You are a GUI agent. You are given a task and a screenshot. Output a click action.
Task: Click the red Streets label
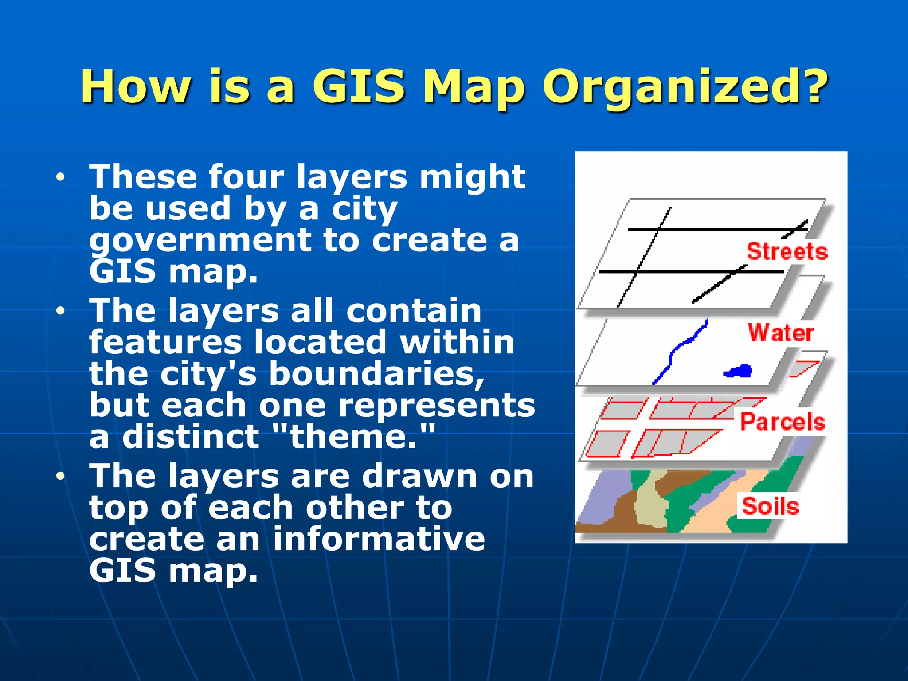tap(787, 251)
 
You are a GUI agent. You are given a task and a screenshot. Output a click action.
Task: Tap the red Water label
tap(781, 333)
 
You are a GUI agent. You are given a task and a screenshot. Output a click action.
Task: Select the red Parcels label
tap(783, 421)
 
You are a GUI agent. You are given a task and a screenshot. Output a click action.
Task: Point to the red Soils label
tap(771, 506)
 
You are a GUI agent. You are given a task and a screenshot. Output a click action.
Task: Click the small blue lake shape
tap(739, 371)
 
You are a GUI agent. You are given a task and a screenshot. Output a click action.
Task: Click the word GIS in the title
tap(358, 86)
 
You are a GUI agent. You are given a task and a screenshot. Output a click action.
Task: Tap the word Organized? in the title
tap(685, 86)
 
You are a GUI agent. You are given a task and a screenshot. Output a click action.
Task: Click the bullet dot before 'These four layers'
tap(60, 178)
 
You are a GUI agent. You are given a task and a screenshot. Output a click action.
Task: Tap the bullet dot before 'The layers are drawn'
tap(60, 477)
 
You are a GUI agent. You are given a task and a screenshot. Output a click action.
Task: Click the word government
tap(200, 241)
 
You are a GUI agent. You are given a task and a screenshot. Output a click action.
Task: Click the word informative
tap(379, 540)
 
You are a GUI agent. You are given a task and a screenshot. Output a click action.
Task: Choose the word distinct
tap(191, 437)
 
